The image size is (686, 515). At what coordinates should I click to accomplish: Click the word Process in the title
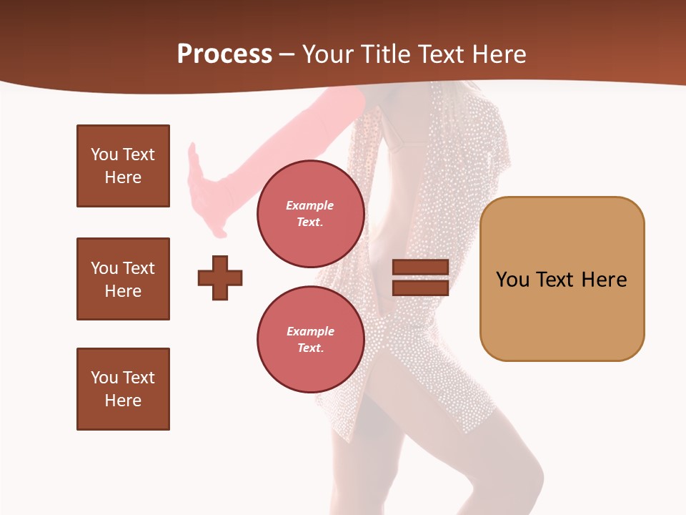(224, 54)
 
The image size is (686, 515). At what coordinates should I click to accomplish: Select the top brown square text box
(123, 166)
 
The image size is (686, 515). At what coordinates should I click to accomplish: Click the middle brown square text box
(123, 279)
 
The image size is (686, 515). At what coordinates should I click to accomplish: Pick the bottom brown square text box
(123, 389)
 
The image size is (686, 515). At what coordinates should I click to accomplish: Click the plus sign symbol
(220, 278)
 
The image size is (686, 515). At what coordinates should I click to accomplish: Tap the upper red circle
(310, 214)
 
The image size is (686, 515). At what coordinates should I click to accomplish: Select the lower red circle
(310, 340)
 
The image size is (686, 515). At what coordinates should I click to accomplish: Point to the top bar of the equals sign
(420, 268)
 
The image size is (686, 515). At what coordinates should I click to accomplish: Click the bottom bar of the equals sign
(420, 288)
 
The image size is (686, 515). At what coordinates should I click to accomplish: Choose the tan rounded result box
(562, 278)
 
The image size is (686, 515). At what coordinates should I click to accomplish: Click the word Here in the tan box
(604, 280)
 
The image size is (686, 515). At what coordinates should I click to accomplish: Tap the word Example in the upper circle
(310, 205)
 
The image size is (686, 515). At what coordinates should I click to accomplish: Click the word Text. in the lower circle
(310, 348)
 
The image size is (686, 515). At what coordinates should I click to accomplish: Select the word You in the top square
(104, 154)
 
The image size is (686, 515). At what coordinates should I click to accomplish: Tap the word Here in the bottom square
(123, 401)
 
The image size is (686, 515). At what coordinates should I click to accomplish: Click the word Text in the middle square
(139, 268)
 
